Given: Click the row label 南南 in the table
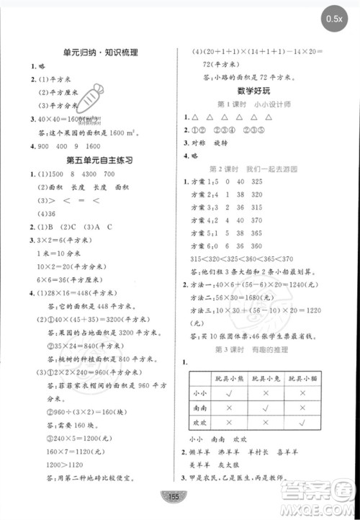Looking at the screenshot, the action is point(202,408).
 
